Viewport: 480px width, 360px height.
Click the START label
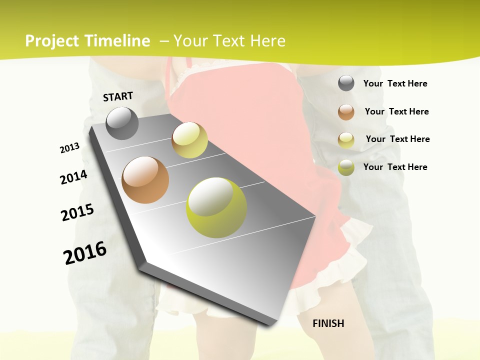pos(118,96)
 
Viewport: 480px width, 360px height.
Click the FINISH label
pos(328,323)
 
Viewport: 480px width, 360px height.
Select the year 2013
pos(69,148)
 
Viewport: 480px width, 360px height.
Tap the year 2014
pos(73,177)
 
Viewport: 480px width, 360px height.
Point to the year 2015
pos(77,212)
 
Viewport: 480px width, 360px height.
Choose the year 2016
pos(85,253)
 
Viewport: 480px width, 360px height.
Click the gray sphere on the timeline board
pos(122,123)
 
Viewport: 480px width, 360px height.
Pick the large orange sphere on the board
pos(145,180)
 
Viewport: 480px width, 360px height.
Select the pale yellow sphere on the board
pos(189,140)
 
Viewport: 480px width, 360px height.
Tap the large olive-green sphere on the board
pos(216,207)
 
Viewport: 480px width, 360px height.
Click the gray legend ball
pos(346,83)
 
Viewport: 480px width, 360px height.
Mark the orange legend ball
pos(346,112)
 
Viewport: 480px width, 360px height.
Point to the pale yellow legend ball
pos(346,140)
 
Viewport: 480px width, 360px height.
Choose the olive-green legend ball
pos(346,167)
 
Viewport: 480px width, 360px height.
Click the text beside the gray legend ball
pos(395,83)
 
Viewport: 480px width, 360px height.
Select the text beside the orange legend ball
pos(396,111)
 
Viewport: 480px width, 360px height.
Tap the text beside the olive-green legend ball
pos(395,167)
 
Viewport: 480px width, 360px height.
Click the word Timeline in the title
pos(117,41)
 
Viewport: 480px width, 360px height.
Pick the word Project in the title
pos(52,41)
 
